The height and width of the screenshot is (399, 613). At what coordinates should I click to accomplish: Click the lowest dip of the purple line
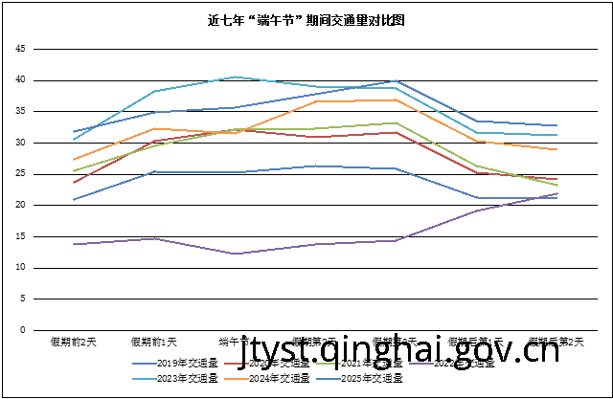click(236, 254)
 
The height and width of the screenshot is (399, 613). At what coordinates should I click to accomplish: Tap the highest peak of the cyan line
click(236, 77)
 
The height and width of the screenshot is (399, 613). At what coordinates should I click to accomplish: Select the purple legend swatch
click(420, 364)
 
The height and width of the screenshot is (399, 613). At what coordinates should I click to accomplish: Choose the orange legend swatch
click(237, 379)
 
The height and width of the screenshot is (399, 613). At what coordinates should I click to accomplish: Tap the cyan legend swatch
click(145, 379)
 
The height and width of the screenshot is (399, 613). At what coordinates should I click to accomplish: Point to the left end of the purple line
click(74, 244)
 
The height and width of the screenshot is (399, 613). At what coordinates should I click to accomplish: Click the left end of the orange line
click(74, 160)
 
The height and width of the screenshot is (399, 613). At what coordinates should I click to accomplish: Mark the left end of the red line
click(74, 183)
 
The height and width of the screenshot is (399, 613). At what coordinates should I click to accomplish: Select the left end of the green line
click(74, 171)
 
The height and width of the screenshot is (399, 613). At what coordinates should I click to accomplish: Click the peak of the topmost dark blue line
click(396, 80)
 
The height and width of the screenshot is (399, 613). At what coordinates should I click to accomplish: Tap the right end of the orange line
click(557, 150)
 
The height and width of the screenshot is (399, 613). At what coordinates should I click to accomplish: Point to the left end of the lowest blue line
click(74, 200)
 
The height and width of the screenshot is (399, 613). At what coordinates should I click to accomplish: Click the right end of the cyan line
click(557, 135)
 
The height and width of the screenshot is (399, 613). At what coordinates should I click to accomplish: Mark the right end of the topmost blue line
click(557, 125)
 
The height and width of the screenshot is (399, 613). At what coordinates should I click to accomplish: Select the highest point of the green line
click(396, 122)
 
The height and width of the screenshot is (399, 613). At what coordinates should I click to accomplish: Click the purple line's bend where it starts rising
click(396, 241)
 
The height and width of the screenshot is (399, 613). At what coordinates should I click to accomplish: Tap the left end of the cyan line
click(74, 140)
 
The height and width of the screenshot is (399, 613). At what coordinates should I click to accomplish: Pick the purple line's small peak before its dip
click(155, 238)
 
